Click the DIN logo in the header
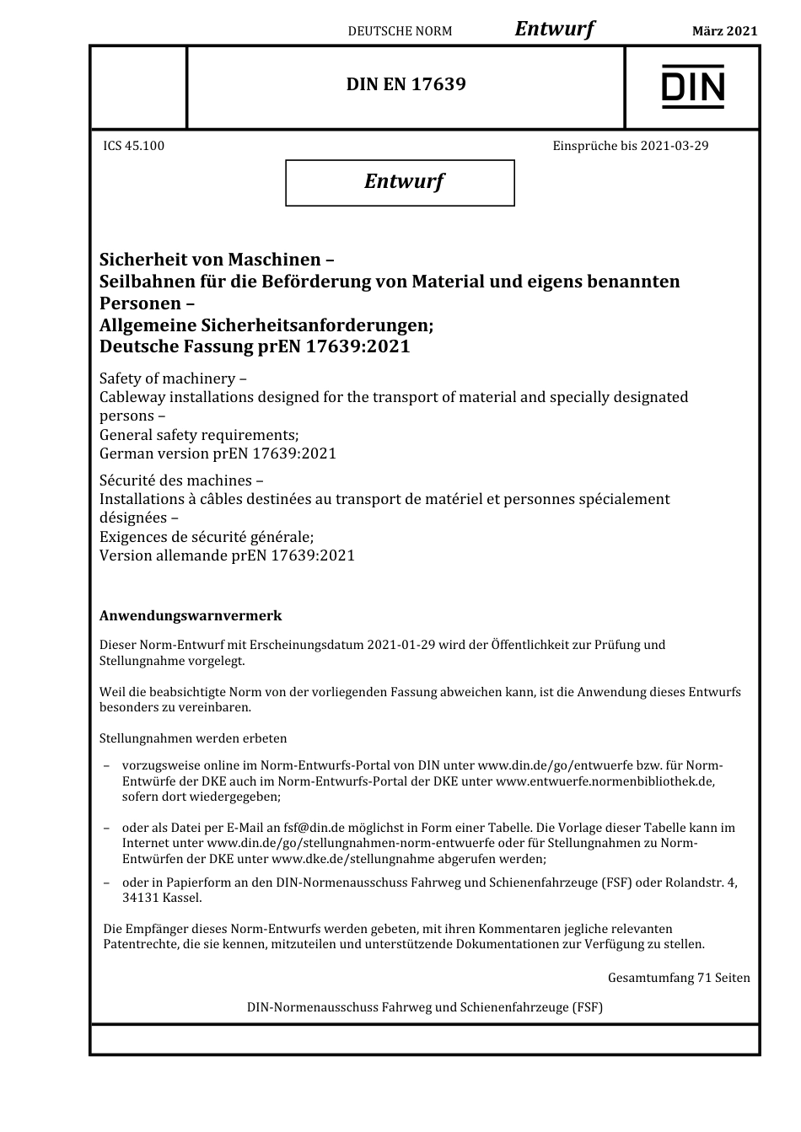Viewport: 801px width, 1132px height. (x=692, y=88)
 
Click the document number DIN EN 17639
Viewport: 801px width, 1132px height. (x=406, y=84)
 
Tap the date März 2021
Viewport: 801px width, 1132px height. (x=724, y=31)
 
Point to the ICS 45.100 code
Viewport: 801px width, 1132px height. (x=134, y=146)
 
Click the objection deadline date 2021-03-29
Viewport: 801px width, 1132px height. (x=674, y=146)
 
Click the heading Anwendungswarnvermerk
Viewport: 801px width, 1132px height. (x=191, y=616)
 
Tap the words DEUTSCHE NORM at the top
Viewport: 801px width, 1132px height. (x=400, y=31)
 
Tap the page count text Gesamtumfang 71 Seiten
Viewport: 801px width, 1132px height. (x=678, y=978)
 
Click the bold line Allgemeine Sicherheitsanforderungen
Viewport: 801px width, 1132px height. (x=266, y=325)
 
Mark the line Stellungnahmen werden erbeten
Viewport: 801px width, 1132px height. (x=193, y=738)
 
